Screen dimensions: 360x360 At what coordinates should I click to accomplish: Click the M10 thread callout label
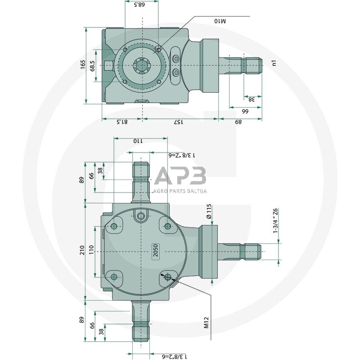220,21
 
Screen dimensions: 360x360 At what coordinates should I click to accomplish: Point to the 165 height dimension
83,64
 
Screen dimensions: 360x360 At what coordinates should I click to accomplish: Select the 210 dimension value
82,251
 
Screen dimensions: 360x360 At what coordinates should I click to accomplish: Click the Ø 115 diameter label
209,211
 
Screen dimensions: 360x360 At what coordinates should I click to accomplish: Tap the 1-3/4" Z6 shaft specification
275,220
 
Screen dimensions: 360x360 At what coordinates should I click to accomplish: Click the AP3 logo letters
180,176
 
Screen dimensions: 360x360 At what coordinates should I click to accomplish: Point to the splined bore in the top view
142,66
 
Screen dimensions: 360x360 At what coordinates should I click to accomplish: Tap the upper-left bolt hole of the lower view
114,226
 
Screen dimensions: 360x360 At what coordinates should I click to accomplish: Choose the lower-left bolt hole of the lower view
114,277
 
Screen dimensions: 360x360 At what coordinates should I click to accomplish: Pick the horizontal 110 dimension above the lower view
137,141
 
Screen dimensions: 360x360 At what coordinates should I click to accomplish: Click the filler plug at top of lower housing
141,216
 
